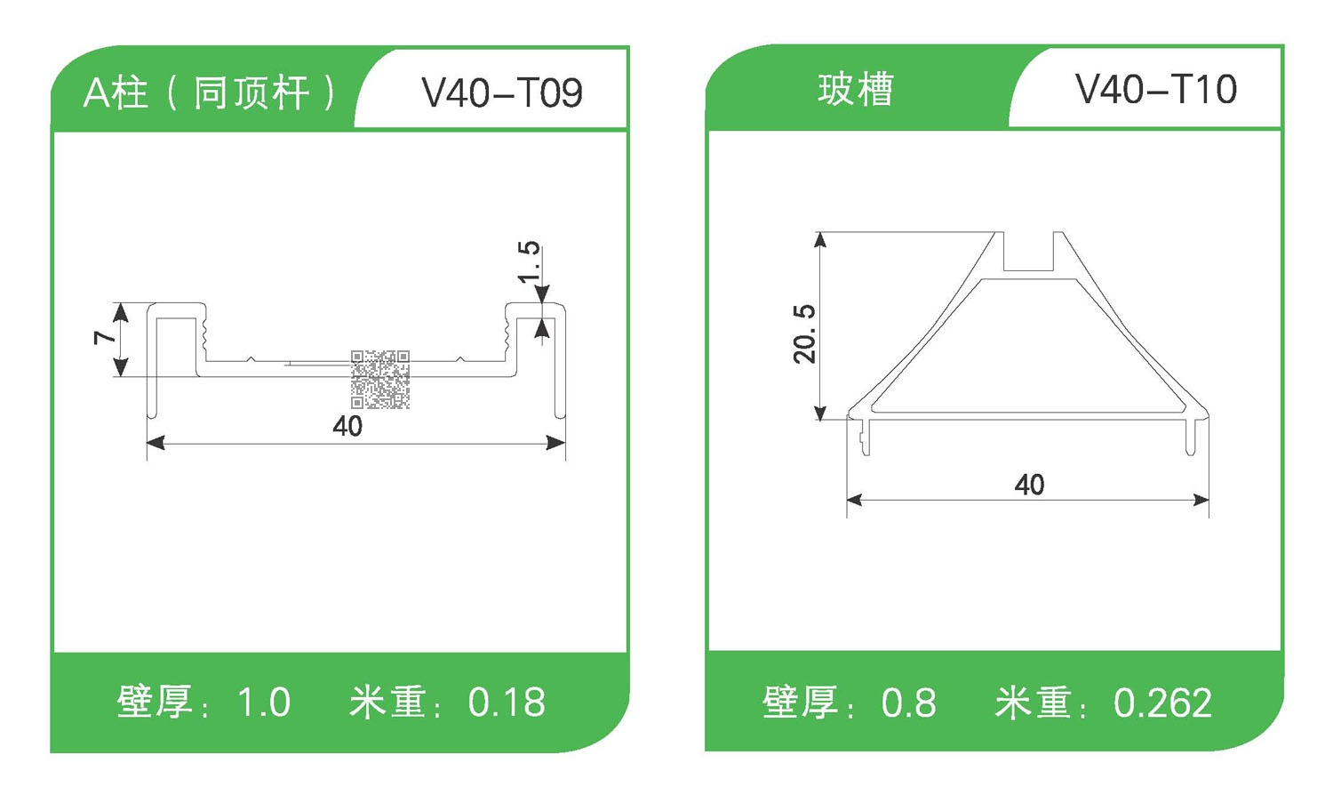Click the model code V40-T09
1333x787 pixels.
502,92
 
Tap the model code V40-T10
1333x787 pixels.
1155,89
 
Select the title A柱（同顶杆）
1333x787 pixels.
210,92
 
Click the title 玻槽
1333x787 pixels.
855,90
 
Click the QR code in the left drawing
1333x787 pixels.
380,380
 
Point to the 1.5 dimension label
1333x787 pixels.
530,261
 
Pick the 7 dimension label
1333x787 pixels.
105,337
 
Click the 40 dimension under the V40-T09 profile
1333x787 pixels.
347,426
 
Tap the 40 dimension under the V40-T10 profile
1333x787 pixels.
1029,485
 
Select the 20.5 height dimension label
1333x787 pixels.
804,333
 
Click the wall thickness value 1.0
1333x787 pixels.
264,703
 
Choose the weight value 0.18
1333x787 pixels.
507,703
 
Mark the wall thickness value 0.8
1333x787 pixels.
908,703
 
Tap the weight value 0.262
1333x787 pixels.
1162,703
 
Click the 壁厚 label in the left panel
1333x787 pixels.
155,703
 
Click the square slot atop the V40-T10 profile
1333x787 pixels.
1029,253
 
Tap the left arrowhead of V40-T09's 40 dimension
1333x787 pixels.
155,443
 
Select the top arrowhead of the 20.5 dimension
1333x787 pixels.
820,239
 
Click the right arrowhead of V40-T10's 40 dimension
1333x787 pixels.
1201,501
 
